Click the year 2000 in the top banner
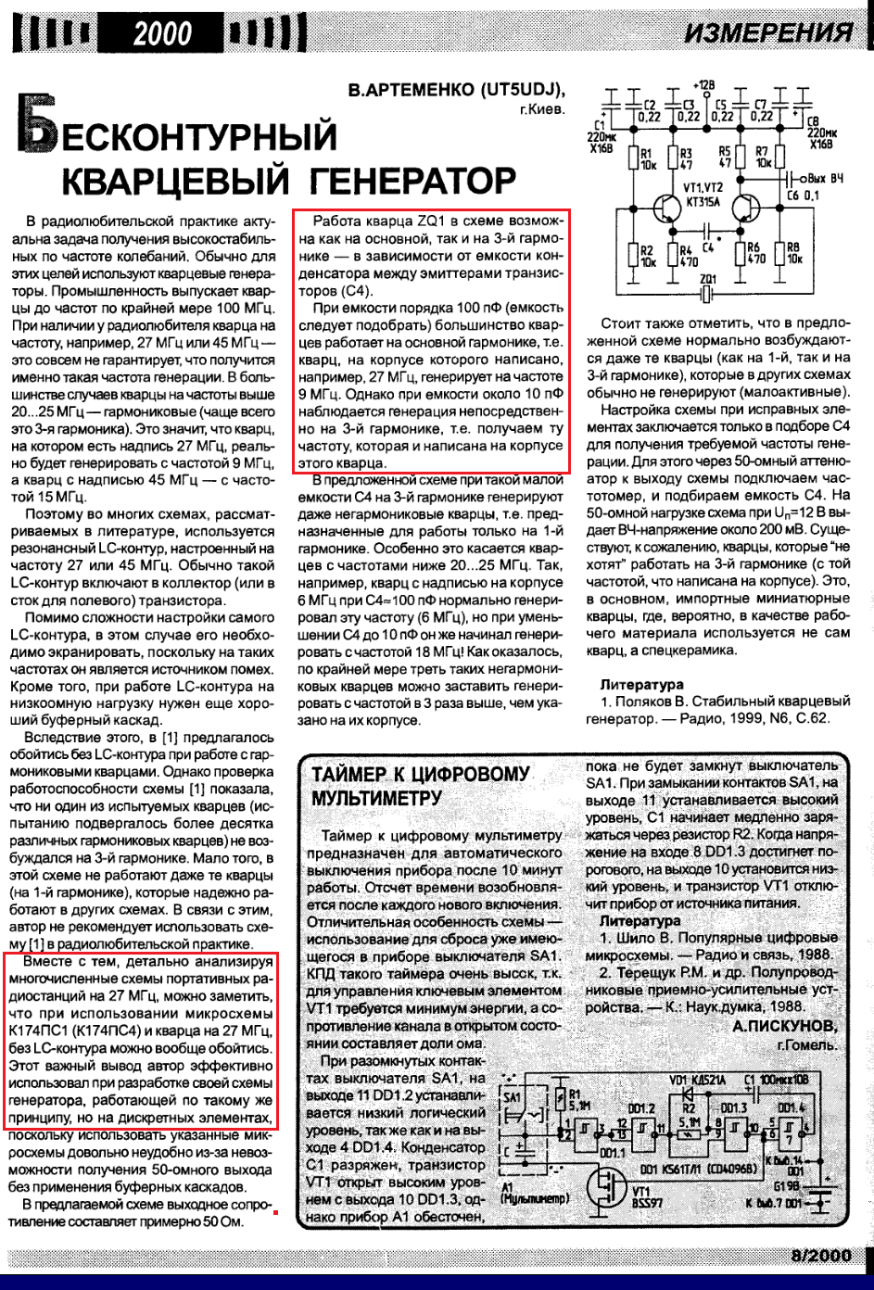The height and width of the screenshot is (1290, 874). point(162,34)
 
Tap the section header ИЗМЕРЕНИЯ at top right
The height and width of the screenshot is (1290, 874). point(768,33)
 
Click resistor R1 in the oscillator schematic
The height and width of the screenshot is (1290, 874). point(634,158)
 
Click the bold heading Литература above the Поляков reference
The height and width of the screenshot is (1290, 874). point(641,685)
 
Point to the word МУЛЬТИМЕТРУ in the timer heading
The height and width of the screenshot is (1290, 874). point(377,798)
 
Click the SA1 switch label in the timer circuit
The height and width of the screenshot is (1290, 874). point(513,1097)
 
